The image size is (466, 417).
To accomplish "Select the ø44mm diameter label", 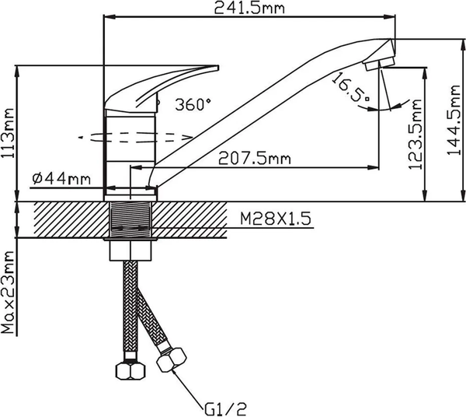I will click(x=61, y=179).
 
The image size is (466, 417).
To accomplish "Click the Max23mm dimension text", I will click(x=9, y=293).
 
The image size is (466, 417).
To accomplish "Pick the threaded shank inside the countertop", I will click(x=131, y=220).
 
